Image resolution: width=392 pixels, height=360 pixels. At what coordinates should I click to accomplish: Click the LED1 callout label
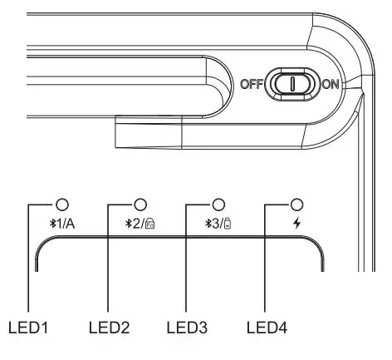point(28,328)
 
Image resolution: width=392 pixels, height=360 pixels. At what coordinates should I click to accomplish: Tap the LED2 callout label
point(109,328)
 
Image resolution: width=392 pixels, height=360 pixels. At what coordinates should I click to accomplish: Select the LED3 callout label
point(187,328)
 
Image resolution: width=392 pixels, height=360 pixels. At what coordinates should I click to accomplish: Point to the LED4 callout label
point(267,328)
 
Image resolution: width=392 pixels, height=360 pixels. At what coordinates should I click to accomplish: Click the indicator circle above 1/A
point(62,205)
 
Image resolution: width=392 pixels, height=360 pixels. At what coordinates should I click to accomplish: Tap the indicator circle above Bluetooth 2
point(140,205)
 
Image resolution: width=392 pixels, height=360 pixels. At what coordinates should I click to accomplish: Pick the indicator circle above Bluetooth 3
point(218,205)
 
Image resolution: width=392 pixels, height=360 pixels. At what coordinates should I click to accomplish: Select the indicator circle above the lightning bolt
point(296,205)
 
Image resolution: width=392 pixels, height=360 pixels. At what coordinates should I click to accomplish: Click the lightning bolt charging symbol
point(296,224)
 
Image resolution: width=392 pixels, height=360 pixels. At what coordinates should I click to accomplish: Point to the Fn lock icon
point(150,224)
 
